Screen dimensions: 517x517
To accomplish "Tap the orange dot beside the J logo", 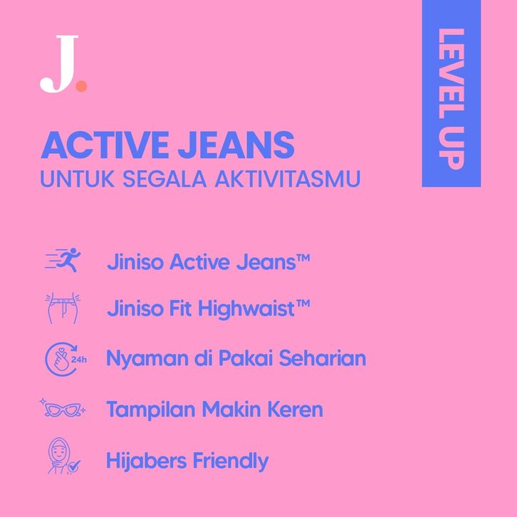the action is click(81, 86).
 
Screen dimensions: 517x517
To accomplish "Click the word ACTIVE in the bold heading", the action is click(105, 145).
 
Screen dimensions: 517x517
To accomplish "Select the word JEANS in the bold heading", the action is click(236, 145).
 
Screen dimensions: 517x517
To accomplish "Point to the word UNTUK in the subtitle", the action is click(78, 179).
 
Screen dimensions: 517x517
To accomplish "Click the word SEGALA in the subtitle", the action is click(164, 179).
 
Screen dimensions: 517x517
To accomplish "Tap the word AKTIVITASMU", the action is click(288, 179).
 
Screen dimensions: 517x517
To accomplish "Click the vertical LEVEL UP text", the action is click(451, 99).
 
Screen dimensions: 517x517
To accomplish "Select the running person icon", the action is click(63, 260).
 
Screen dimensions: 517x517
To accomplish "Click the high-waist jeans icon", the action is click(63, 308).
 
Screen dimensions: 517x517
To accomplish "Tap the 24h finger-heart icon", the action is click(66, 359).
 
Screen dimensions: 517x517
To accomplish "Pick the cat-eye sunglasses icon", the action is click(63, 409).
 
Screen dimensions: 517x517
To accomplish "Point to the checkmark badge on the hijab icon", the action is click(74, 466).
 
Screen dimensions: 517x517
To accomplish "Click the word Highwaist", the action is click(246, 309).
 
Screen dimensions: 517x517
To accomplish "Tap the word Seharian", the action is click(323, 357).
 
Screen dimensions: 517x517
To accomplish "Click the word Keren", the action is click(295, 409).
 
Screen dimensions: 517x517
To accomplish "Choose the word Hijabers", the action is click(147, 461).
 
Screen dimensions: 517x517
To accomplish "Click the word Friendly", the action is click(231, 461).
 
